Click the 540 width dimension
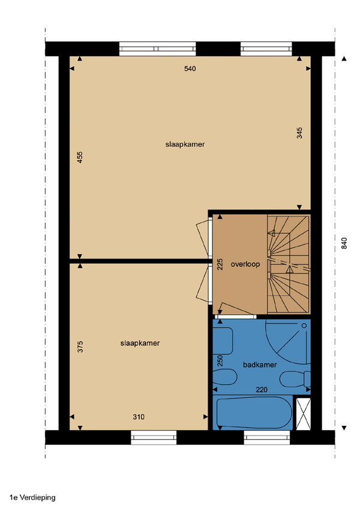point(190,68)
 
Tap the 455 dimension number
point(80,157)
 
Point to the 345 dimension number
point(299,133)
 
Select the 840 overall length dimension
point(344,243)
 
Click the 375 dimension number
point(80,347)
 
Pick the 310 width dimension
point(139,417)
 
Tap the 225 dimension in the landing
point(220,264)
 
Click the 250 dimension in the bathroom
point(220,360)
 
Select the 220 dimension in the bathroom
point(262,390)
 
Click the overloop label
point(245,264)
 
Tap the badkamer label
point(260,365)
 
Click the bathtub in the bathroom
point(254,413)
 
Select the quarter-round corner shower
point(288,341)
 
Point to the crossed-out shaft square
point(303,414)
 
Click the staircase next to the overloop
point(289,264)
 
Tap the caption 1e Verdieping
point(32,498)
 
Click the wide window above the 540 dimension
point(158,49)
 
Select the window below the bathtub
point(267,437)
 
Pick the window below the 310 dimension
point(154,437)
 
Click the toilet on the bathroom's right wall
point(295,379)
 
